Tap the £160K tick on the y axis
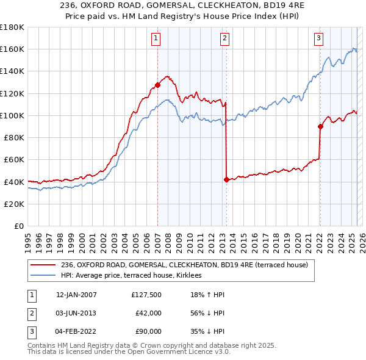[x=12, y=49]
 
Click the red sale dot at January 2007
[x=157, y=85]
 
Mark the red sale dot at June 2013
[x=226, y=179]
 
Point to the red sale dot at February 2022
[x=320, y=126]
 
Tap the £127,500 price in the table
[x=146, y=295]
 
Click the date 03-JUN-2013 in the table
[x=76, y=313]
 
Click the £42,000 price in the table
[x=148, y=313]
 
